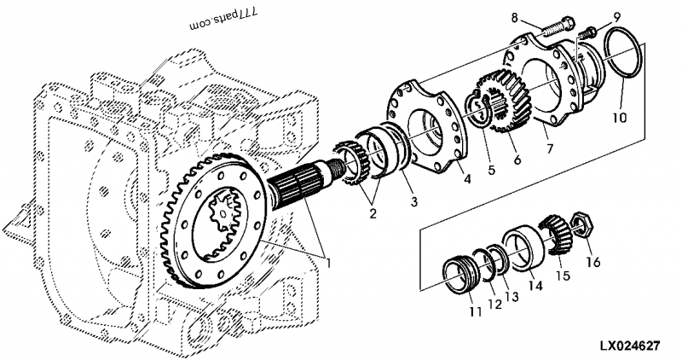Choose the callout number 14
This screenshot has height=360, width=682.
(535, 287)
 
